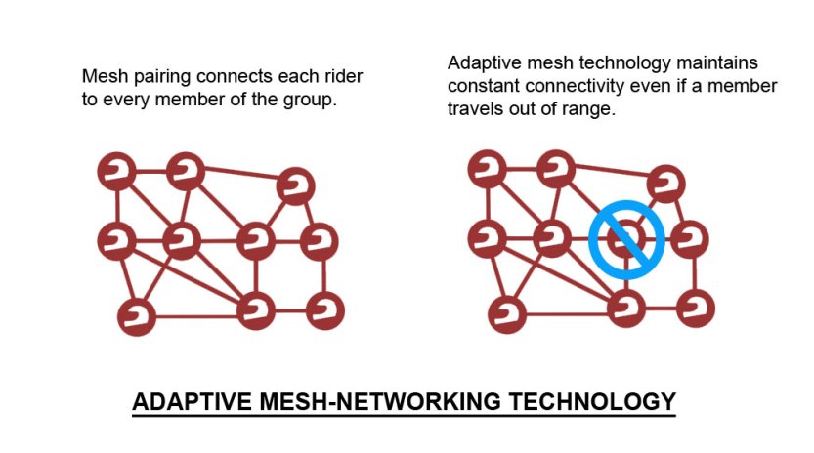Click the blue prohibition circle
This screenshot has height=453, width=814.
626,239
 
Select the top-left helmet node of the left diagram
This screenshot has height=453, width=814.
116,171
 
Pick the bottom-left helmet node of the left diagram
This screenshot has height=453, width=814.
137,315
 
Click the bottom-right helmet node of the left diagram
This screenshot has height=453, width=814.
324,310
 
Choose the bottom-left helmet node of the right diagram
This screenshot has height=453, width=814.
507,315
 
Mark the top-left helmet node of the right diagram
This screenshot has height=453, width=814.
487,171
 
